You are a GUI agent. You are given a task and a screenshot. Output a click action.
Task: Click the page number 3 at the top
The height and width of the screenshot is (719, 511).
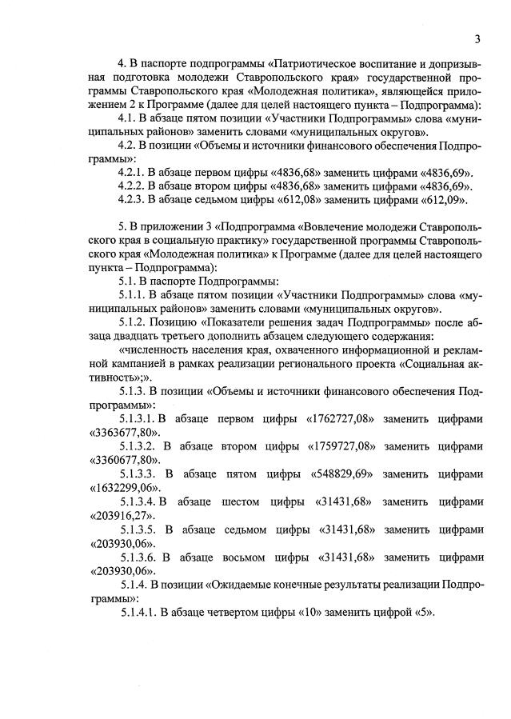(477, 39)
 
